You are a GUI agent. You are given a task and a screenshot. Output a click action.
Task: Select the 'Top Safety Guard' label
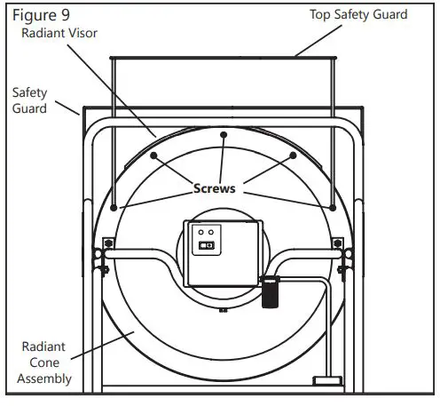pos(357,14)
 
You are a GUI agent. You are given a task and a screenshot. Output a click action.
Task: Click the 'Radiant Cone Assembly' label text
pos(45,364)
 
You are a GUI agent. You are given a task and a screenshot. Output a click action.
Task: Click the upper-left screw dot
pos(153,155)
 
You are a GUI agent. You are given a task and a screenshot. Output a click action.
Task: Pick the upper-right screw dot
pos(292,155)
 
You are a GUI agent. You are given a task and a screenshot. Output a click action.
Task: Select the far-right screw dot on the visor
pos(332,209)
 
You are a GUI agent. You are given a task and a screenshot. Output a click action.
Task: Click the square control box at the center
pos(222,253)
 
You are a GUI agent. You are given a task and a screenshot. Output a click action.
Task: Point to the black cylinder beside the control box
pos(269,292)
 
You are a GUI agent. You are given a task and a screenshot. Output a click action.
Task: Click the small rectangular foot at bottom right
pos(327,382)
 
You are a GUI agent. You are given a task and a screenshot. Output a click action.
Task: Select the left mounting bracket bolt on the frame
pos(107,242)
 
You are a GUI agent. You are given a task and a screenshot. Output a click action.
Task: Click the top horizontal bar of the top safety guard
pos(223,58)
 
